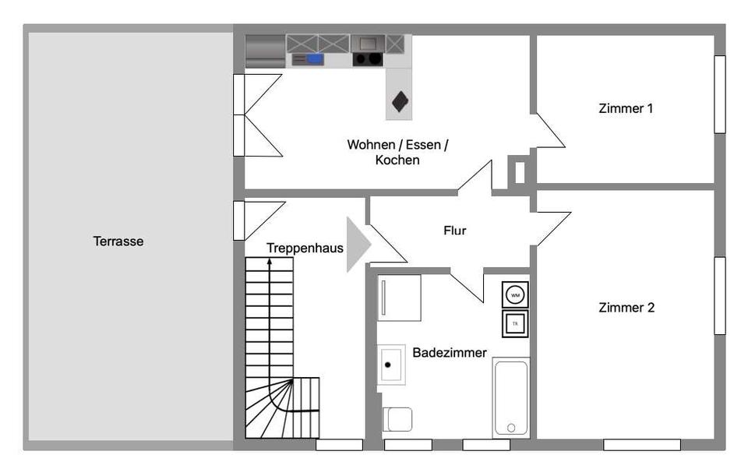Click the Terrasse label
(x=118, y=242)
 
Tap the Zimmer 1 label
(x=626, y=108)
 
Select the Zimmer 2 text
(x=626, y=308)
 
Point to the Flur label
(x=455, y=231)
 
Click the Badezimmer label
(x=450, y=353)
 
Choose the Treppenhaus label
(x=305, y=248)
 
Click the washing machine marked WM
(x=515, y=295)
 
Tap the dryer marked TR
(x=515, y=323)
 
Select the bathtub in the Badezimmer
(x=511, y=397)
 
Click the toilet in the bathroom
(x=398, y=419)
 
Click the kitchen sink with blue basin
(x=314, y=58)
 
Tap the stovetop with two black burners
(x=369, y=58)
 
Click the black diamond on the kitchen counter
(x=400, y=100)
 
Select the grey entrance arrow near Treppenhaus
(x=357, y=244)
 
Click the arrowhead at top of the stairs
(x=270, y=263)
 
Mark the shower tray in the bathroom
(x=400, y=297)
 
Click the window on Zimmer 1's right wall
(x=720, y=94)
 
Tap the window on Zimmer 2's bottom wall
(x=641, y=445)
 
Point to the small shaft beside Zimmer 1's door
(x=519, y=172)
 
